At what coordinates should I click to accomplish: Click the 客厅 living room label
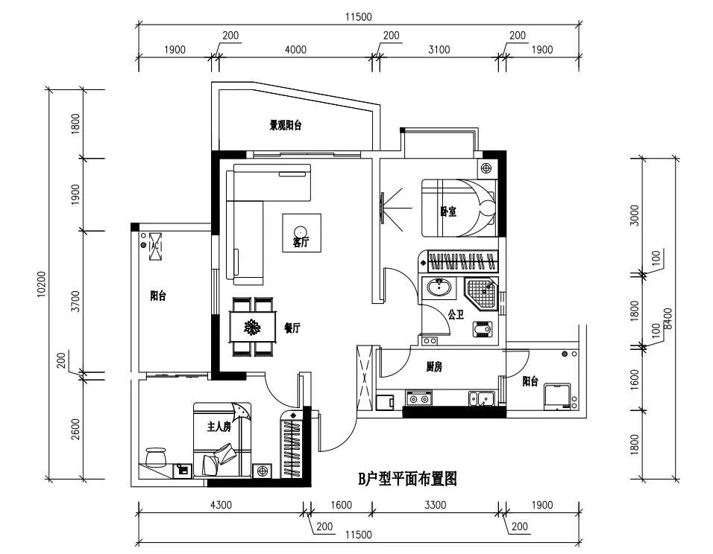coord(301,242)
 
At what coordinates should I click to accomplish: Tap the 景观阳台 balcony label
coord(286,125)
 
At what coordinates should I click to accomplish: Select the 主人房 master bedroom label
coord(219,427)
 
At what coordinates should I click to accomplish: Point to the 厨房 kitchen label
coord(434,366)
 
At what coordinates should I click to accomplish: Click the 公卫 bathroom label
coord(455,314)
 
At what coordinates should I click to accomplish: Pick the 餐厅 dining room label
coord(292,328)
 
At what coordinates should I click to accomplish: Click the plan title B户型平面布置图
coord(407,479)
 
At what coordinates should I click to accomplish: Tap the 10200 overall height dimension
coord(42,284)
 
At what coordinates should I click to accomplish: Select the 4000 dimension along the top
coord(295,49)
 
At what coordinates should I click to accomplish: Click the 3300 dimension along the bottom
coord(435,505)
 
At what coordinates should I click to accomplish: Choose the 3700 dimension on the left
coord(76,301)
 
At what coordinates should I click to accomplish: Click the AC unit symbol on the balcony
coord(155,246)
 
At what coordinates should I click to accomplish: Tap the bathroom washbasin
coord(439,287)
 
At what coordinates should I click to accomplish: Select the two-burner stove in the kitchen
coord(418,398)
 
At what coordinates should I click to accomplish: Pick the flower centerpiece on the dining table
coord(252,327)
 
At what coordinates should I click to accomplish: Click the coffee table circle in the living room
coord(300,231)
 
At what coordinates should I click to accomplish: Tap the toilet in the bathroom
coord(483,328)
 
